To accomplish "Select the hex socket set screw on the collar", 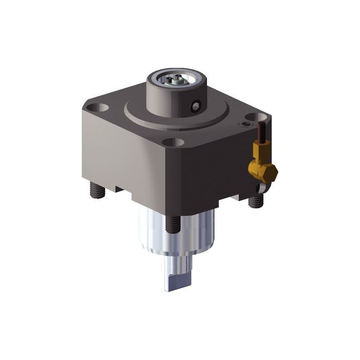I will pos(196,107).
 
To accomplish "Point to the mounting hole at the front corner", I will pos(173,142).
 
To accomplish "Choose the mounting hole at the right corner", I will pos(253,117).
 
